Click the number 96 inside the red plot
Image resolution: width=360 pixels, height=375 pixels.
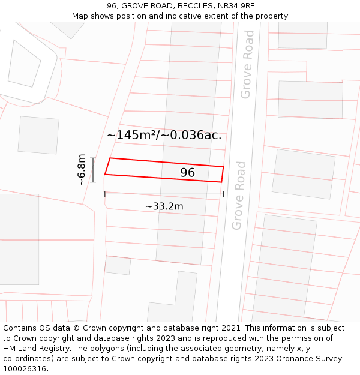click(x=188, y=173)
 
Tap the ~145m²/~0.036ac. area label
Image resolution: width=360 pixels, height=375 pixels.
click(x=164, y=135)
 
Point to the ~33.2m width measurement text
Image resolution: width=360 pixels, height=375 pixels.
click(x=164, y=206)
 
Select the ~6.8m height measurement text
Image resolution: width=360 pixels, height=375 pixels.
click(x=82, y=170)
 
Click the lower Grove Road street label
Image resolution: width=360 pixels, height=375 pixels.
click(x=239, y=195)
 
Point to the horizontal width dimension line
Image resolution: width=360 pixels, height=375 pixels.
click(x=164, y=194)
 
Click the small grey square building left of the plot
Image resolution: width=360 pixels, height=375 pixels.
click(x=38, y=135)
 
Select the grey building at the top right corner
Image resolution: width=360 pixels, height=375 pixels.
click(x=302, y=35)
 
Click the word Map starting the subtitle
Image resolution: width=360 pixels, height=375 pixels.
click(x=81, y=16)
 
